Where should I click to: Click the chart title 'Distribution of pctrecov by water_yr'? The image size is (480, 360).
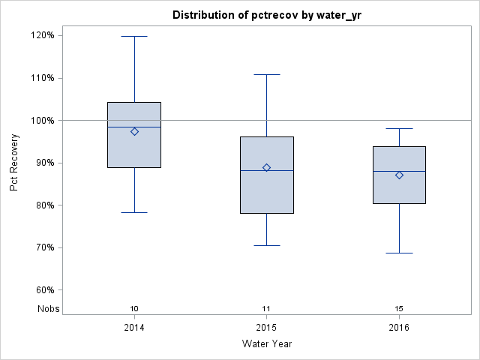266,15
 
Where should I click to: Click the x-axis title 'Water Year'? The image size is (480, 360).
266,344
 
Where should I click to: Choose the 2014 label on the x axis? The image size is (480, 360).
134,328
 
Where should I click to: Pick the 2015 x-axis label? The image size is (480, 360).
267,328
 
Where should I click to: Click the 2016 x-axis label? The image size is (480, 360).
399,328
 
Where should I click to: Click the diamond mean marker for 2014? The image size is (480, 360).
134,131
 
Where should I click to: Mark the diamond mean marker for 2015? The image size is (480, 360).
267,167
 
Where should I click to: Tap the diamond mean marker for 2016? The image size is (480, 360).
399,175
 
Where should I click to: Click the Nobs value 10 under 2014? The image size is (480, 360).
134,308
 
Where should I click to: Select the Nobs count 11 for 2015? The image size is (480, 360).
267,308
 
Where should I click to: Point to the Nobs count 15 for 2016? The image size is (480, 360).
399,308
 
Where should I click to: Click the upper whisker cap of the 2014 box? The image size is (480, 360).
134,36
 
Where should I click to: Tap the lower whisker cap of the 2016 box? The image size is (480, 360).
399,253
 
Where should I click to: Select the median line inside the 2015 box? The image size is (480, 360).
267,171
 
